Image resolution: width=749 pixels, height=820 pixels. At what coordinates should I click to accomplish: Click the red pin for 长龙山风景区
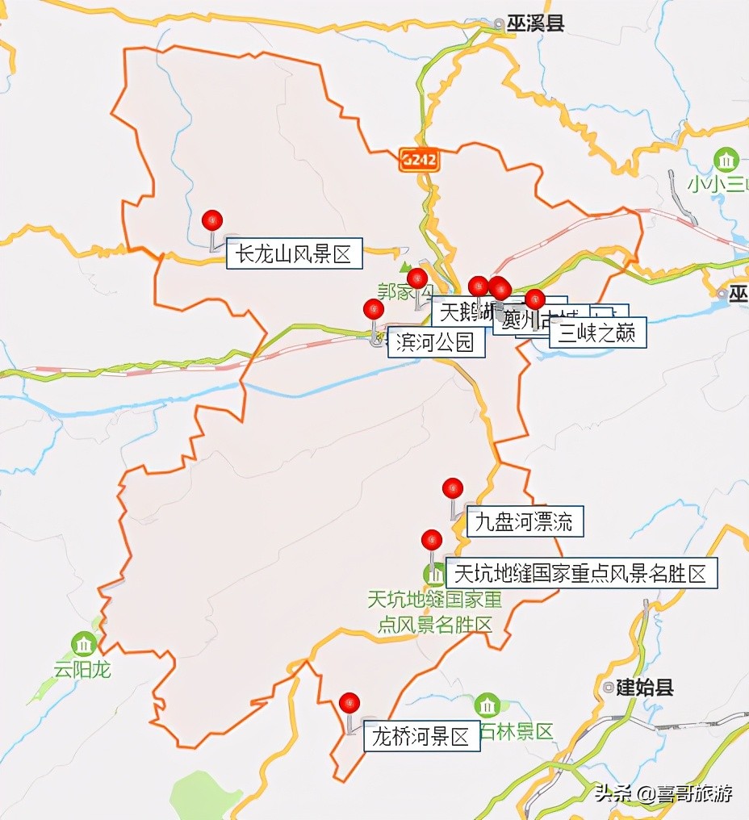click(x=212, y=220)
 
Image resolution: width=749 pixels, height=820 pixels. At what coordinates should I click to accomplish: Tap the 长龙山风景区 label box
click(x=294, y=255)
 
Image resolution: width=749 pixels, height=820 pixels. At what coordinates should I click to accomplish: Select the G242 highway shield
click(x=418, y=160)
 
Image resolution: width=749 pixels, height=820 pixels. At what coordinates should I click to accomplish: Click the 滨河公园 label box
click(x=436, y=343)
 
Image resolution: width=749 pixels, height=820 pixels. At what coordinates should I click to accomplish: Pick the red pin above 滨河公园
click(x=374, y=310)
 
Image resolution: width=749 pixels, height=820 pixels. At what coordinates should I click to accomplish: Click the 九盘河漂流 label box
click(x=525, y=522)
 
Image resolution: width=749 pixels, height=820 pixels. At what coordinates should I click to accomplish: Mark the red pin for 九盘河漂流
click(x=453, y=488)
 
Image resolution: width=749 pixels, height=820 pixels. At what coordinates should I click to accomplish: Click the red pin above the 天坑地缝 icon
click(x=433, y=539)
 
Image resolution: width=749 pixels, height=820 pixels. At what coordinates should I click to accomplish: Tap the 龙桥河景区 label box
click(x=421, y=737)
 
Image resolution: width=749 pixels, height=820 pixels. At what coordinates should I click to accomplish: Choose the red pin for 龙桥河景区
click(x=349, y=703)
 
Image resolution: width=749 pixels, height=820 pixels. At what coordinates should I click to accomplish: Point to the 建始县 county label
click(x=644, y=688)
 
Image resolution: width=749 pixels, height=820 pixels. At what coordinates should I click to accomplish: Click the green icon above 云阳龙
click(x=84, y=644)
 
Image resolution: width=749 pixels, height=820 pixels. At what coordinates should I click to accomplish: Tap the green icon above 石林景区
click(x=487, y=706)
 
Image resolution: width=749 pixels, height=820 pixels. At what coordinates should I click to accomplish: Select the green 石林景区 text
click(x=517, y=732)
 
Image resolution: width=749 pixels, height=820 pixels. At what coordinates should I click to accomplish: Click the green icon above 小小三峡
click(x=726, y=159)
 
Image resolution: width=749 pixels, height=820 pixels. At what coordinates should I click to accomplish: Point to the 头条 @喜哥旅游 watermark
click(x=663, y=793)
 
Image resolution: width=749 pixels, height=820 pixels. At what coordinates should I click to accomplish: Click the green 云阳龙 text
click(x=82, y=669)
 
